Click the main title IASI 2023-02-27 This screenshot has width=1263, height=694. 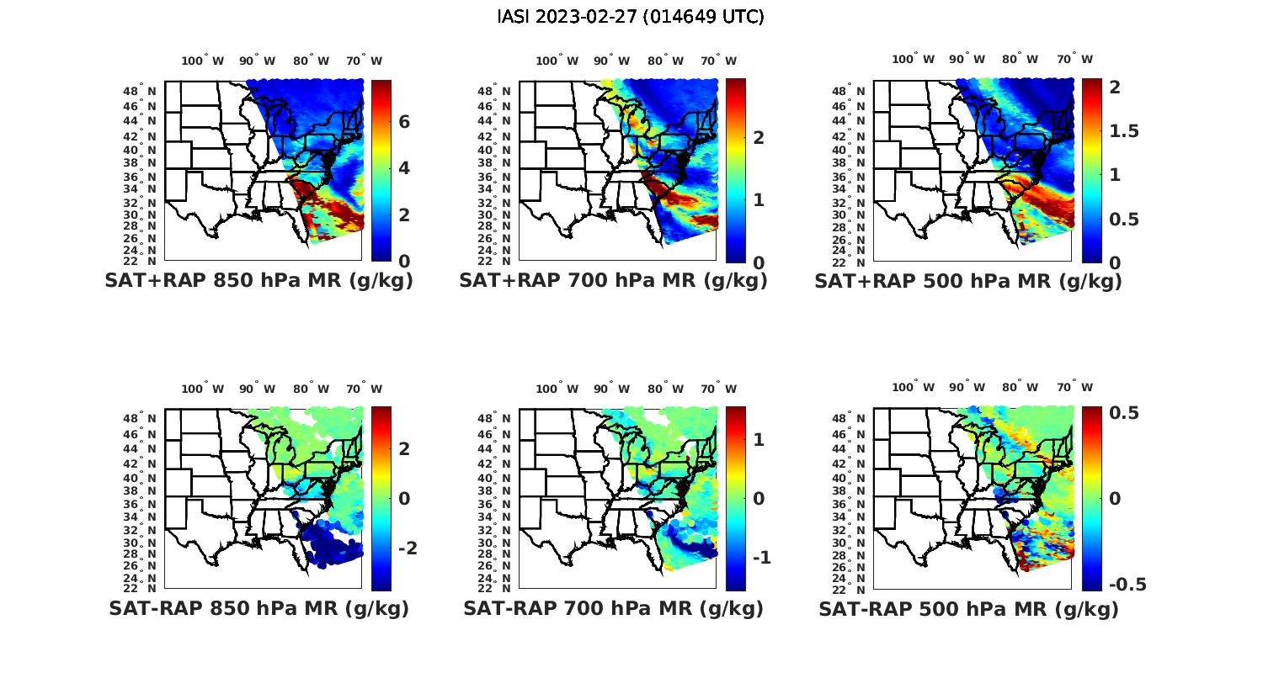click(x=631, y=17)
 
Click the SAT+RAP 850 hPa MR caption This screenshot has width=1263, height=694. click(x=258, y=281)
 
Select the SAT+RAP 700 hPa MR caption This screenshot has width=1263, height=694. click(x=613, y=281)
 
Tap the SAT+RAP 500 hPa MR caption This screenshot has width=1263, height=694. click(x=967, y=281)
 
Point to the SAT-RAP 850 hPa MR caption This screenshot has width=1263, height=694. click(x=258, y=608)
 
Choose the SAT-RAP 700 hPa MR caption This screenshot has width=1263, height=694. click(x=613, y=608)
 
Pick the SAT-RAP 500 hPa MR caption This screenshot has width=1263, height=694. click(x=967, y=608)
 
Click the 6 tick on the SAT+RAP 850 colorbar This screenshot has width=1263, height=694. click(x=404, y=122)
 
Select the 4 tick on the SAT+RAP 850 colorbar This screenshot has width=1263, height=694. click(x=404, y=168)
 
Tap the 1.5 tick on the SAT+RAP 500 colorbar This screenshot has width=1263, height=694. click(x=1124, y=131)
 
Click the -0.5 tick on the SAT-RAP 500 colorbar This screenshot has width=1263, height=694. click(x=1127, y=585)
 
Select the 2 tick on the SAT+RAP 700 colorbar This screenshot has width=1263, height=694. click(x=759, y=137)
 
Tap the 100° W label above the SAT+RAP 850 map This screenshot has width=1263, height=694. click(x=203, y=61)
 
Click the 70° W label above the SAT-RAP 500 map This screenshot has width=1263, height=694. click(x=1075, y=388)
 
